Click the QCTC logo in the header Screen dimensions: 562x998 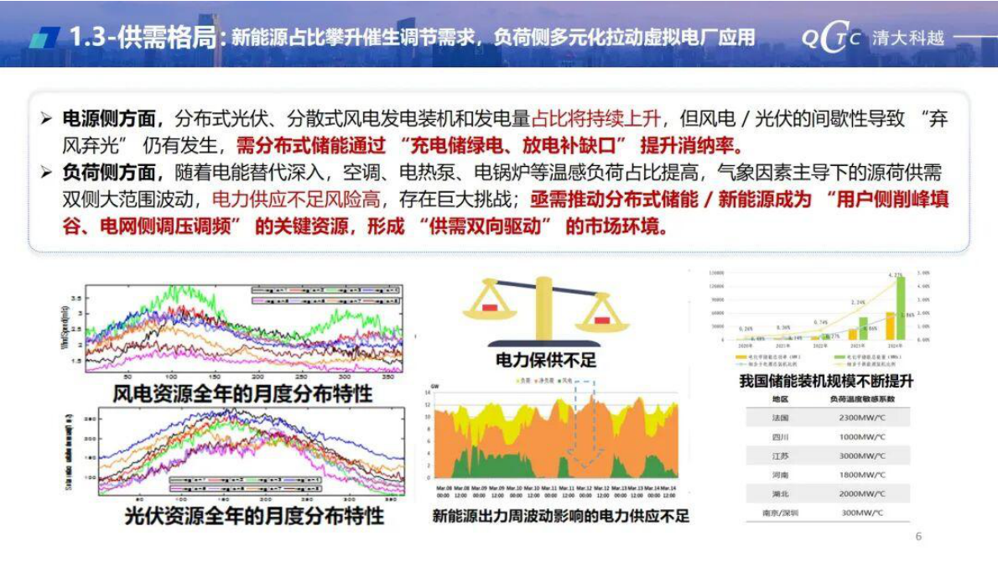(x=830, y=39)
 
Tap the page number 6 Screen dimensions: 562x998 (x=918, y=537)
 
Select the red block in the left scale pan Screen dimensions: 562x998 (x=489, y=308)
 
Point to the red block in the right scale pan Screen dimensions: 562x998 (x=601, y=320)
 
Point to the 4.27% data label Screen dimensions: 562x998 (x=896, y=274)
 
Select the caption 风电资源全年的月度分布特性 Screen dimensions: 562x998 (x=243, y=393)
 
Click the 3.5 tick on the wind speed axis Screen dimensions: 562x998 (x=75, y=298)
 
